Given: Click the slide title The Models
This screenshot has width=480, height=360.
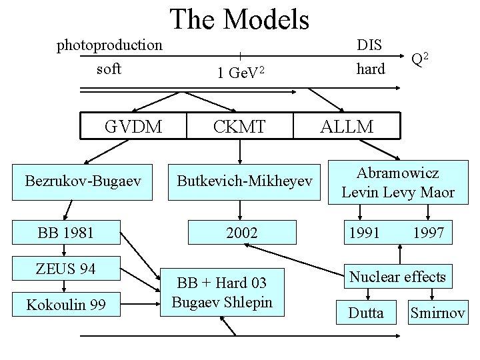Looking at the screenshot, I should (x=240, y=20).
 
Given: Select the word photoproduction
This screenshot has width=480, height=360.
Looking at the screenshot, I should (x=109, y=45).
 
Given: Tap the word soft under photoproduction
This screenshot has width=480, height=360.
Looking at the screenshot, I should (x=109, y=69).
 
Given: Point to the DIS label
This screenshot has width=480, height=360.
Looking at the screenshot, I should (x=369, y=45).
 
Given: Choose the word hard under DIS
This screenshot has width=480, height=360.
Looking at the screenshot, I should (x=371, y=69).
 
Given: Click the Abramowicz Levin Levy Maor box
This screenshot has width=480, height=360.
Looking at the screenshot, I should (x=398, y=183).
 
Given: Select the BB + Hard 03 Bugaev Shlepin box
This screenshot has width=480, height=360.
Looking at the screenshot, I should (x=222, y=292).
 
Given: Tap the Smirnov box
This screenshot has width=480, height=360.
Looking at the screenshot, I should (x=437, y=312).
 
